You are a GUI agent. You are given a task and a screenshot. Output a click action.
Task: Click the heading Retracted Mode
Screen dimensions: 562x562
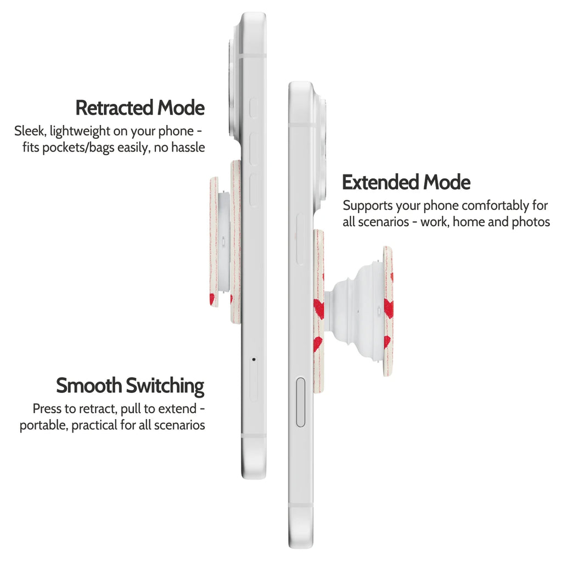coord(140,108)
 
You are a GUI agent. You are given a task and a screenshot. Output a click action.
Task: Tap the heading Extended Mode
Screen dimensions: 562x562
coord(406,182)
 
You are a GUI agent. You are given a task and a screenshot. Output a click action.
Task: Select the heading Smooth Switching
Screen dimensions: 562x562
coord(130,386)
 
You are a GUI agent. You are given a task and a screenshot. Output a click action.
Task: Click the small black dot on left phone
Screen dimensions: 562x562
coord(254,359)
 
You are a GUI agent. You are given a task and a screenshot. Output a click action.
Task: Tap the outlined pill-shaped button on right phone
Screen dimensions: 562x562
coord(301,402)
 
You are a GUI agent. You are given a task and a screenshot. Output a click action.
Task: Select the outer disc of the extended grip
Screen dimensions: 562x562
coord(388,311)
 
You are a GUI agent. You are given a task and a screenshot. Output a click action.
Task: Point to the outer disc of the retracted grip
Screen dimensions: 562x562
coord(214,242)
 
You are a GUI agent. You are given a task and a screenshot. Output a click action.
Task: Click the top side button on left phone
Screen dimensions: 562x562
coord(254,108)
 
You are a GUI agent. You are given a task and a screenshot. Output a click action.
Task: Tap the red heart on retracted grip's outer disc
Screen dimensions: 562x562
coord(212,299)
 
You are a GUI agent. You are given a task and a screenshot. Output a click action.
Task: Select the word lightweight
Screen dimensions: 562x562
coord(80,132)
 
